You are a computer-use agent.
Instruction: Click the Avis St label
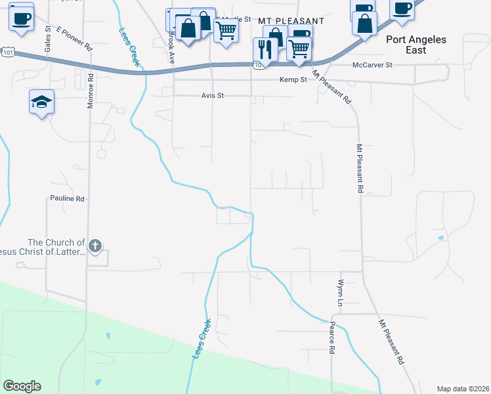213,95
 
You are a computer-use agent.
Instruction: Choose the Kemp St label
293,79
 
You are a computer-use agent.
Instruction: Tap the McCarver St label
372,65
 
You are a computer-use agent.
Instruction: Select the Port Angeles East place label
416,45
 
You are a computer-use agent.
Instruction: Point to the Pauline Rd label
68,198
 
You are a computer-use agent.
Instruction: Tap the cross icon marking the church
95,246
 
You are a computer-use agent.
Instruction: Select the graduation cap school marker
41,102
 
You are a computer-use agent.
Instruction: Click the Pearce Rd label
332,338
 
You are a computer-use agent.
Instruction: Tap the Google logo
22,386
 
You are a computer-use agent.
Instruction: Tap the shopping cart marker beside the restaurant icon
299,48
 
